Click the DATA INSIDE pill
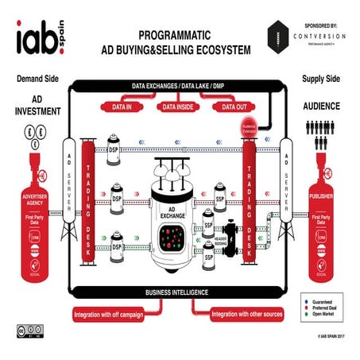click(180, 106)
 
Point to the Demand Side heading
click(34, 79)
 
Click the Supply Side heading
click(323, 79)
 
